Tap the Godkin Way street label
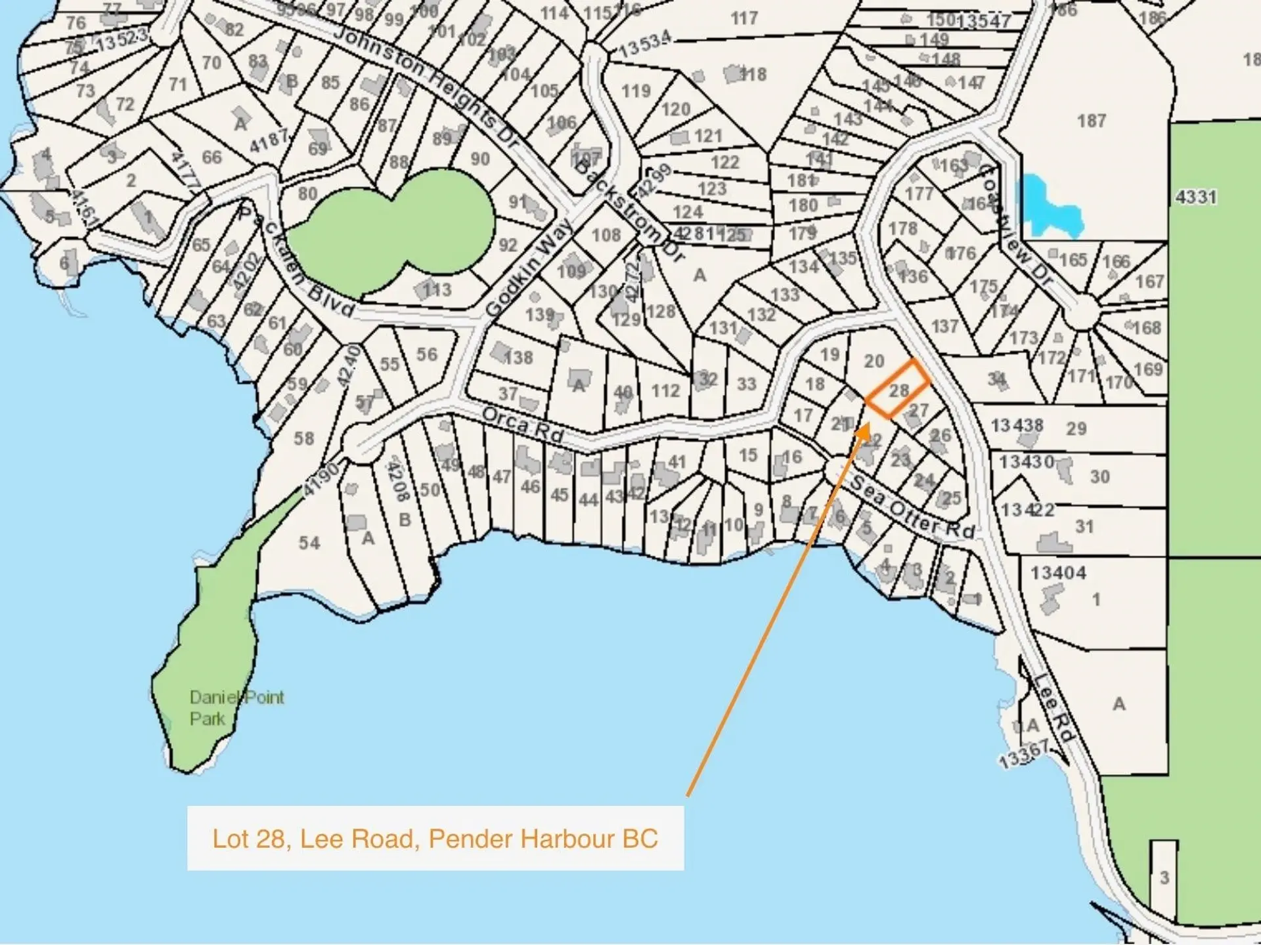(x=529, y=269)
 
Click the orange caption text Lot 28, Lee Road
(x=434, y=839)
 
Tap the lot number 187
(x=1091, y=121)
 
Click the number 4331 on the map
(x=1196, y=197)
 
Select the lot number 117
(x=744, y=18)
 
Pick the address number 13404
(x=1057, y=573)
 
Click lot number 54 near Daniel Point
(x=309, y=543)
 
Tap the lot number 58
(x=303, y=438)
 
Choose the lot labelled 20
(x=874, y=361)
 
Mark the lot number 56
(x=426, y=354)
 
